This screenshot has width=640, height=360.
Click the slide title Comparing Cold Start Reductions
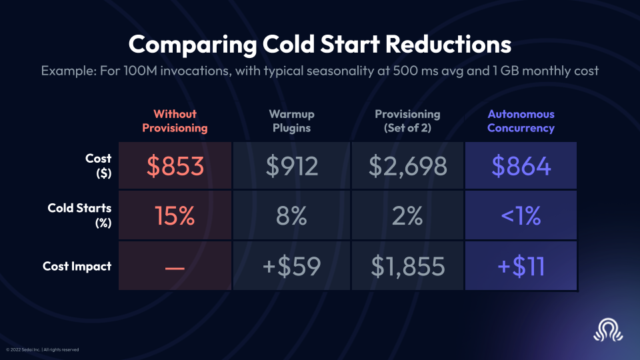320,45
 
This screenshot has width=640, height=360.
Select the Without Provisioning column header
175,121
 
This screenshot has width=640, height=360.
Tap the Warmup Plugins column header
292,121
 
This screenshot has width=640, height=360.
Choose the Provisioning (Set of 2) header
407,121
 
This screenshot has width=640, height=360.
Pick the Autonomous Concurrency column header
521,121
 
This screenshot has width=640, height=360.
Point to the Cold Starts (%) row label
79,215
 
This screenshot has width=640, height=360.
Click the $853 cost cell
175,166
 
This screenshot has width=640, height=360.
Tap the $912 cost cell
292,166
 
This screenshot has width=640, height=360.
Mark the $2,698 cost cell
407,166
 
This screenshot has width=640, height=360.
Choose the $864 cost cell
521,166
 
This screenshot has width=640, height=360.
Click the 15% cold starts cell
175,216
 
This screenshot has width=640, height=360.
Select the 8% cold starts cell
292,216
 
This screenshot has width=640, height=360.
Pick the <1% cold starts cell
521,216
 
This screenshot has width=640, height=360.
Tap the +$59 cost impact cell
292,266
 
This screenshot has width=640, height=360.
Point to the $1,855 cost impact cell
407,266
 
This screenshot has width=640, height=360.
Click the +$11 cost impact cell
521,266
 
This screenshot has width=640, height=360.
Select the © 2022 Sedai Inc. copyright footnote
43,349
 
